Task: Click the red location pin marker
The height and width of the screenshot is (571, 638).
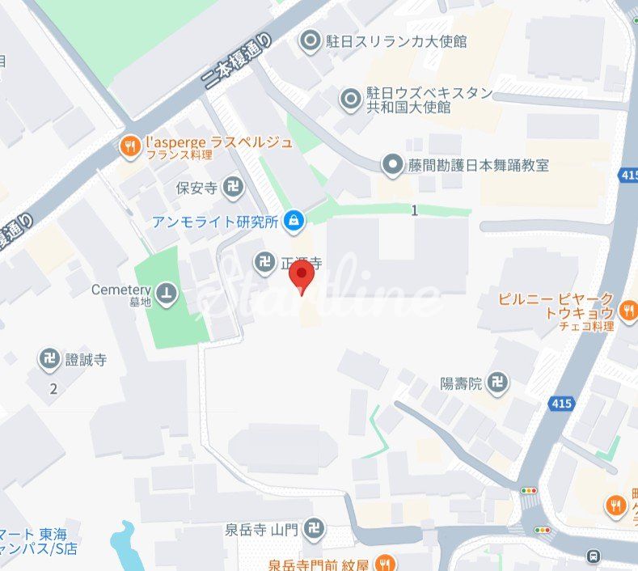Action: [x=302, y=276]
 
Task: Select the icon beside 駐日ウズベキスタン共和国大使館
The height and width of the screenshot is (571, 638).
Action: [x=350, y=99]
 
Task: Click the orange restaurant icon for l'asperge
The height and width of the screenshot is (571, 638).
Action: [x=129, y=146]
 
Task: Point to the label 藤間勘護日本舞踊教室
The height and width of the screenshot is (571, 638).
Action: [x=478, y=165]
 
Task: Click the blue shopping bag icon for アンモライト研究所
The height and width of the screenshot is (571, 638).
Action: [x=294, y=220]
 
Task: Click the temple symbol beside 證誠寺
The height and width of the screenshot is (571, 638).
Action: [x=50, y=359]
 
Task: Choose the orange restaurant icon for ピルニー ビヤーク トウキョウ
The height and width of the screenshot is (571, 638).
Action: [x=627, y=309]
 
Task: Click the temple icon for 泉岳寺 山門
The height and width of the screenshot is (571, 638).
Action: [x=315, y=531]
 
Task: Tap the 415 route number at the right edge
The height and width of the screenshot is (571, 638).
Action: [x=628, y=175]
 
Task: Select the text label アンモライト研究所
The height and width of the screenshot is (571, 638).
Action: [x=214, y=221]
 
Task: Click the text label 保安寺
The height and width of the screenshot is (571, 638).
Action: [x=196, y=188]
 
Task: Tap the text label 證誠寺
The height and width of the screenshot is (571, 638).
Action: [x=86, y=359]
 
